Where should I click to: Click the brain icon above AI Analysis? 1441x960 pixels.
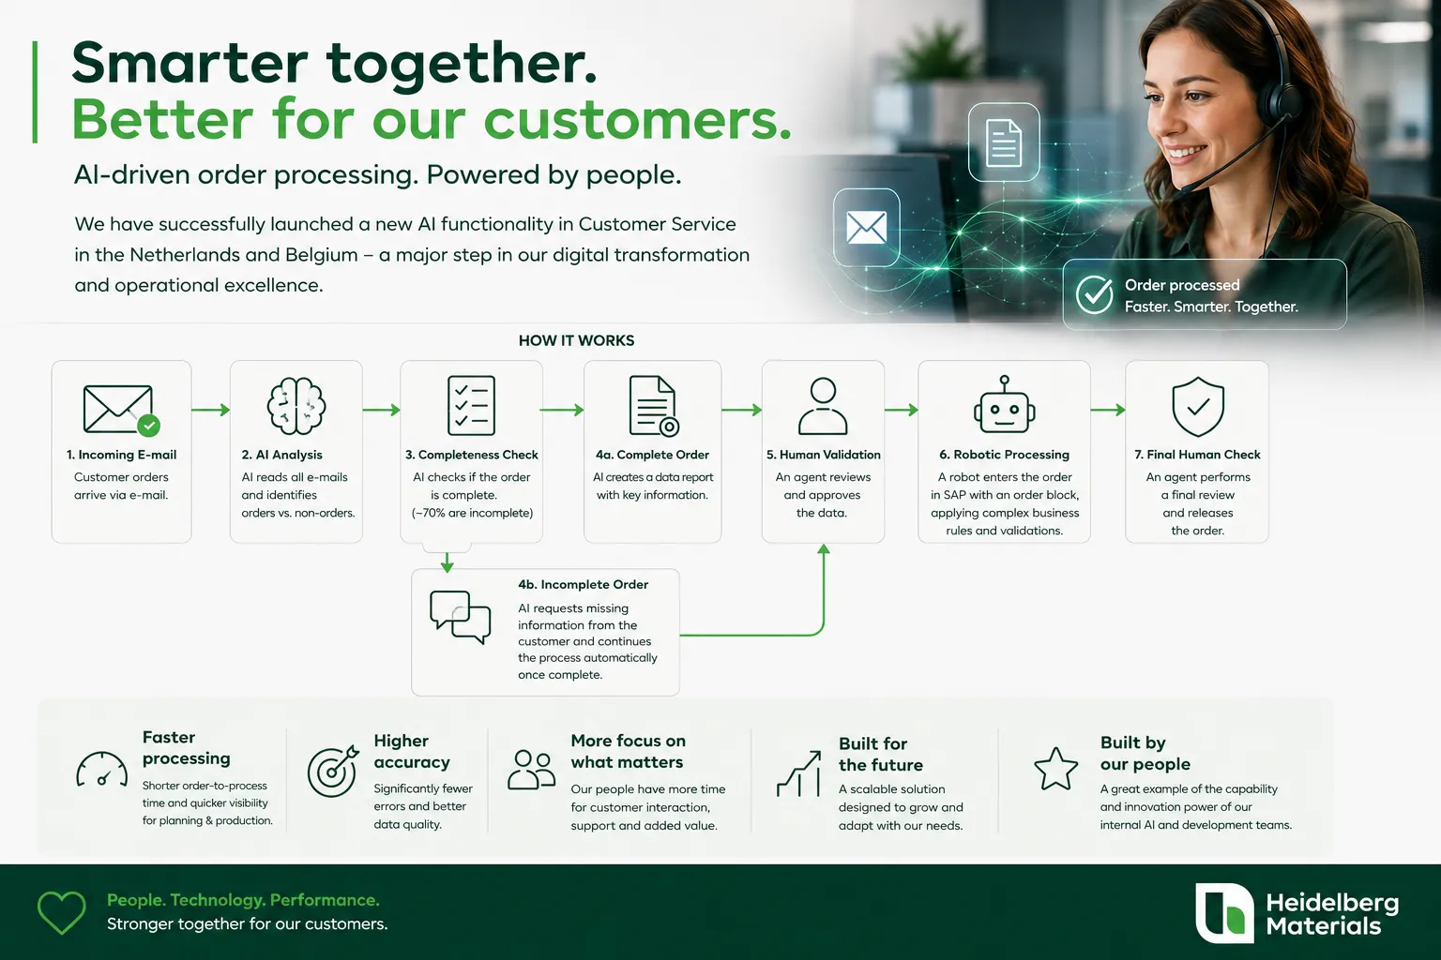(x=296, y=406)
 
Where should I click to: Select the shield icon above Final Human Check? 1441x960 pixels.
(x=1197, y=406)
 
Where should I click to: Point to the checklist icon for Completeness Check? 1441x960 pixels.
(x=472, y=406)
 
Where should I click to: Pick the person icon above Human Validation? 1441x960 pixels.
(x=823, y=406)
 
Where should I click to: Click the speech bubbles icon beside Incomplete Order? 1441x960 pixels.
(x=460, y=617)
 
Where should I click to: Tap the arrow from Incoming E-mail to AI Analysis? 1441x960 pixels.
(x=211, y=410)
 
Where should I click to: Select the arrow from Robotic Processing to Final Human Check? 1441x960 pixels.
(x=1108, y=410)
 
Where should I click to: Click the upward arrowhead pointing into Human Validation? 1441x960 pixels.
(x=824, y=548)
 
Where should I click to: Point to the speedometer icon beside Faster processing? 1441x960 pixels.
(x=101, y=769)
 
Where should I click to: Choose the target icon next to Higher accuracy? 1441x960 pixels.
(x=333, y=771)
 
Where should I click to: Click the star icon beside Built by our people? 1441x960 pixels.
(x=1055, y=769)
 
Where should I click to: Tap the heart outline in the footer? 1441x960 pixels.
(x=61, y=912)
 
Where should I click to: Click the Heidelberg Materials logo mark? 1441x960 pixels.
(x=1224, y=913)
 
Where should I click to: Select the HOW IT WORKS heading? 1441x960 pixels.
(x=576, y=341)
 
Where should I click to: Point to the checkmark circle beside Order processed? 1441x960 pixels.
(x=1094, y=294)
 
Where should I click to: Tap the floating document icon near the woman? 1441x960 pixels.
(x=1004, y=142)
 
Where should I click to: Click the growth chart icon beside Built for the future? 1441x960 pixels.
(x=799, y=773)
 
